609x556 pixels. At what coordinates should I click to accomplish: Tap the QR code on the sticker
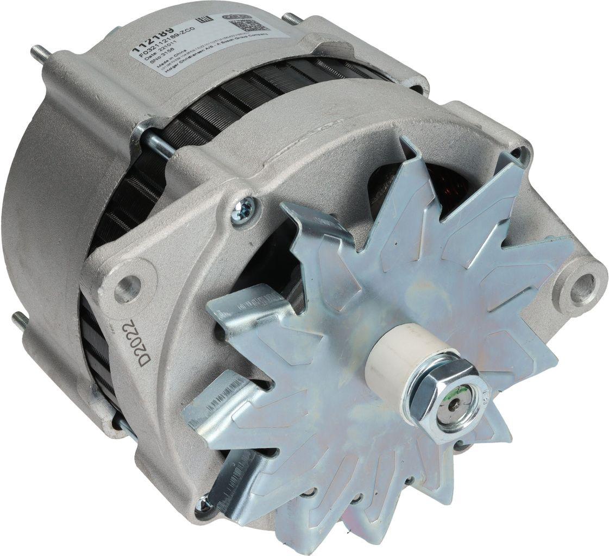click(254, 23)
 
